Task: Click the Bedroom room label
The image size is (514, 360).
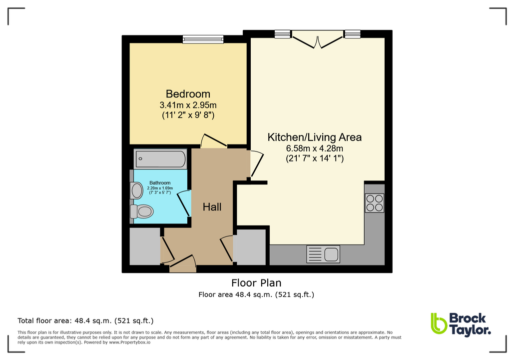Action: point(188,94)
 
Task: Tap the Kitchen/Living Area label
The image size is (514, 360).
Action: point(315,137)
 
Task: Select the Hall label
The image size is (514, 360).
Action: point(212,206)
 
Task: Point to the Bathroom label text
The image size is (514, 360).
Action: point(160,183)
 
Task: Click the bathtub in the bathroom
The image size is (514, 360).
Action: point(160,159)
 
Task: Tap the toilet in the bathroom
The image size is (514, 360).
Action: point(142,211)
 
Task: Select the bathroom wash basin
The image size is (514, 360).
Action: point(136,190)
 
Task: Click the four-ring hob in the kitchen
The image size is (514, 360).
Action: point(374,202)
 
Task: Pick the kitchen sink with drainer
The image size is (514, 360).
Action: point(323,254)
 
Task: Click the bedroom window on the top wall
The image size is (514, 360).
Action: point(202,38)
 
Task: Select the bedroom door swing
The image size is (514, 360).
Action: point(213,141)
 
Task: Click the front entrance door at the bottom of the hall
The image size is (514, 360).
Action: point(183,263)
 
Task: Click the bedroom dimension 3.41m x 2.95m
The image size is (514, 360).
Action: point(188,105)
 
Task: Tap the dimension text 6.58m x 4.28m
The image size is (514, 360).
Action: point(315,148)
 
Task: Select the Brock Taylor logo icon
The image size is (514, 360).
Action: point(439,323)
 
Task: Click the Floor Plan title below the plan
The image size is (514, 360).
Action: point(256,283)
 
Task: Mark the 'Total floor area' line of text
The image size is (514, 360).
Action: point(85,320)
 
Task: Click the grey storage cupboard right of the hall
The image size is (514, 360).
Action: point(250,246)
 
